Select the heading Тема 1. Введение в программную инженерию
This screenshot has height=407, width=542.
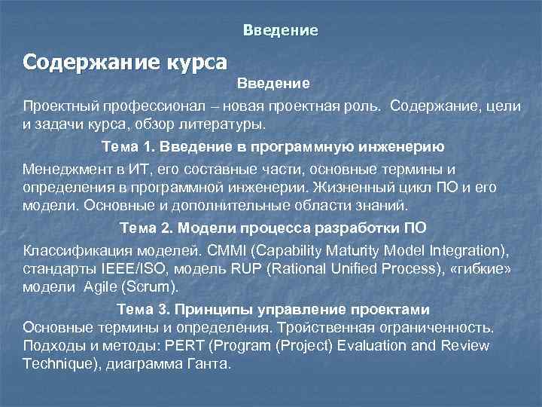pyautogui.click(x=273, y=146)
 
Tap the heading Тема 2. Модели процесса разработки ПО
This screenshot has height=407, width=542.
pyautogui.click(x=273, y=228)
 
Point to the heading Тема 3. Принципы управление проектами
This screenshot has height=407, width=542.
pyautogui.click(x=273, y=310)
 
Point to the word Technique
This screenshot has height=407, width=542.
pyautogui.click(x=55, y=363)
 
